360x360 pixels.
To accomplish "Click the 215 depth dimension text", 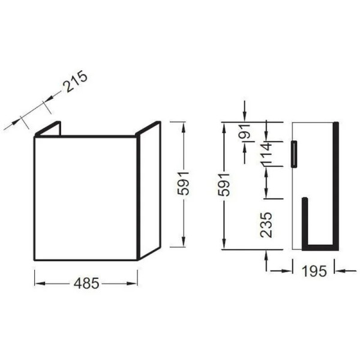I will pyautogui.click(x=77, y=82).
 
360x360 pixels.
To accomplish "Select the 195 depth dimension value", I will pyautogui.click(x=314, y=271).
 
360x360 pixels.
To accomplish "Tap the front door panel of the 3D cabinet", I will pyautogui.click(x=86, y=198).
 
